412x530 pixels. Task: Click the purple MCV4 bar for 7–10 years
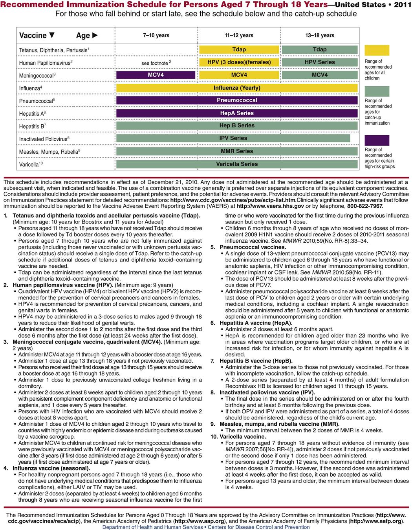pos(156,75)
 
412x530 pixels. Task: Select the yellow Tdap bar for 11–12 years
pos(239,50)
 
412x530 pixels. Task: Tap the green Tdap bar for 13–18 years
pos(320,50)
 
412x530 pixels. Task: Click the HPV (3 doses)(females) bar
pos(239,62)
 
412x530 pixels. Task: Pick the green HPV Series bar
pos(320,62)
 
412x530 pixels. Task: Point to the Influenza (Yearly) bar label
pos(237,88)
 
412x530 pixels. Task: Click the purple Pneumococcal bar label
pos(237,100)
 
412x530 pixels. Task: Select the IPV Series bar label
pos(233,138)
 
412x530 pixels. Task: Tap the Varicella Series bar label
pos(237,164)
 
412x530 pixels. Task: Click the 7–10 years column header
pos(156,35)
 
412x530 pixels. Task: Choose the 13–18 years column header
pos(320,35)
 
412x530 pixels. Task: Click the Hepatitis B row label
pos(33,127)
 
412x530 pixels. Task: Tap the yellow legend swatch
pos(377,50)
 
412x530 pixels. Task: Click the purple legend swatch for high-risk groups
pos(377,140)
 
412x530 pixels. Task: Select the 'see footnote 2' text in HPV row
pos(156,63)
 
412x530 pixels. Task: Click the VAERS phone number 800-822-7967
pos(365,206)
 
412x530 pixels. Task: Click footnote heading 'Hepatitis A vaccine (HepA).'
pos(256,323)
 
